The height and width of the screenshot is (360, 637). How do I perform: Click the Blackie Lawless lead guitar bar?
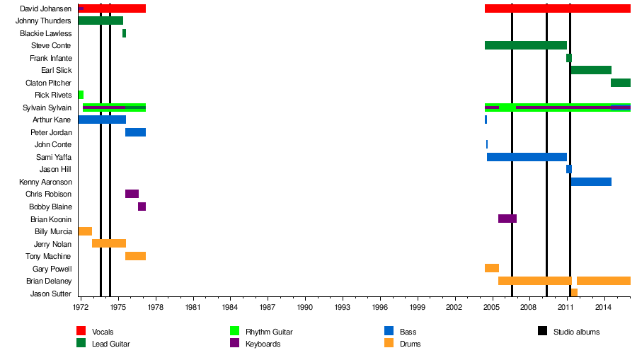124,33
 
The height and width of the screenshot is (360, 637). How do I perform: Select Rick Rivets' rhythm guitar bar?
81,95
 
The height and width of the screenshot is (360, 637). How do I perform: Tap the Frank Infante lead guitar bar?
569,58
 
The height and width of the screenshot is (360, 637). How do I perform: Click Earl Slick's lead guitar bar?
591,70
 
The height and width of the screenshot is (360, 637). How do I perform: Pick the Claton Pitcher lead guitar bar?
621,83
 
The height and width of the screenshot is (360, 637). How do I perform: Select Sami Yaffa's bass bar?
527,157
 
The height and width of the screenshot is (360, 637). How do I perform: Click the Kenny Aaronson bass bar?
591,182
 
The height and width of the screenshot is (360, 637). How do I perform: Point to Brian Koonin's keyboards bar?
507,219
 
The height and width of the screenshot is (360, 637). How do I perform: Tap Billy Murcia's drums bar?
85,231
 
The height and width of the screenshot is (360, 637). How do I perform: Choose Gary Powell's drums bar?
492,268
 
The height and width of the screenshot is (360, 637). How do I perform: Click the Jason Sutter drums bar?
574,293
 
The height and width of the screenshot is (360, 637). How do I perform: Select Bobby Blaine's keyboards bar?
142,207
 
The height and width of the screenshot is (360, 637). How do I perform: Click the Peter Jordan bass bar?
135,132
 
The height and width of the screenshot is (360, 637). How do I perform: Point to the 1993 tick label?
343,308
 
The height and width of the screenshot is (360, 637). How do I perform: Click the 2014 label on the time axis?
603,308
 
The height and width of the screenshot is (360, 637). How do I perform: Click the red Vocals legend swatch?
81,331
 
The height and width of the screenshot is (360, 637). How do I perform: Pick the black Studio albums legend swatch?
543,331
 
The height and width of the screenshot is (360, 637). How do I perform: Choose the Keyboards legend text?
263,344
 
